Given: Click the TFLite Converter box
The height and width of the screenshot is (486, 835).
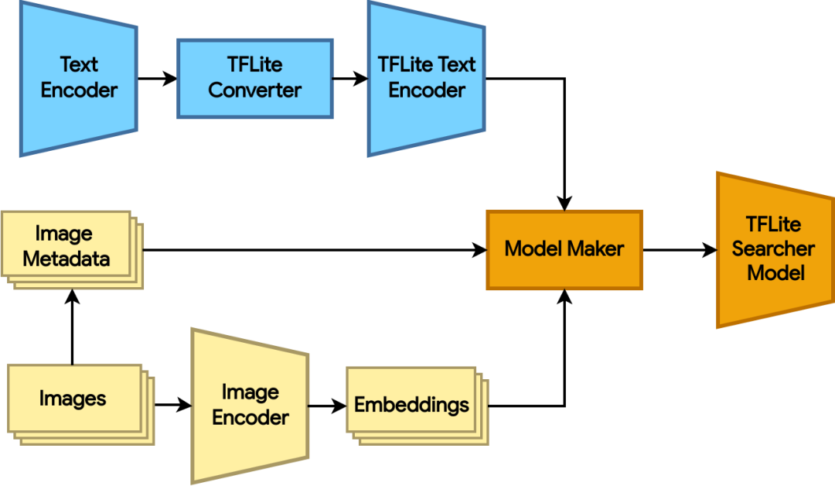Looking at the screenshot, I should coord(254,78).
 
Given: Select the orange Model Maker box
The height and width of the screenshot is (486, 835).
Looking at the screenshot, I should coord(564,249).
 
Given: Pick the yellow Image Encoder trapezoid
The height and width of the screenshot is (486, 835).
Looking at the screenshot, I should coord(250,405).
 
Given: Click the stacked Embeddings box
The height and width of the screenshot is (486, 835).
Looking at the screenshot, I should coord(411,404).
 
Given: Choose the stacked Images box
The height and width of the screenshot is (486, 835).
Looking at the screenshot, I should coord(74,399).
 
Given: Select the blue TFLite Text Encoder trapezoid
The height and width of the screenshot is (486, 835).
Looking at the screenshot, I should coord(426,77).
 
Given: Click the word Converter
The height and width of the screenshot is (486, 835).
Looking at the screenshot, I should coord(254,91).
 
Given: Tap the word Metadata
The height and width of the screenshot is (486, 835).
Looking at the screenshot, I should coord(66,259).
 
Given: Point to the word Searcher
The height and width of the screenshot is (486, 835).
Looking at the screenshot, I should coord(773,249).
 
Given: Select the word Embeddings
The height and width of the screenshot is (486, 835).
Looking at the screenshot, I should coord(411,405).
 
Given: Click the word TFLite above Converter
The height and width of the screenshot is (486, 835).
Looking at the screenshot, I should coord(254,66).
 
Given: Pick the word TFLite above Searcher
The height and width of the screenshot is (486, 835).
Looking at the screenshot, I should coord(773,224).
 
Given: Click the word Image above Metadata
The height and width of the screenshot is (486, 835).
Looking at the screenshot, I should coord(64,234).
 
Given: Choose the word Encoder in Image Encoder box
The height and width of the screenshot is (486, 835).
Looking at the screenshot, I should coord(250,418).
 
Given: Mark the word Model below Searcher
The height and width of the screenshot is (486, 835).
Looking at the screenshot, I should coord(776,273).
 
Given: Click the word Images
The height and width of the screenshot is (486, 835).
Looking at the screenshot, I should coord(73,399).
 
